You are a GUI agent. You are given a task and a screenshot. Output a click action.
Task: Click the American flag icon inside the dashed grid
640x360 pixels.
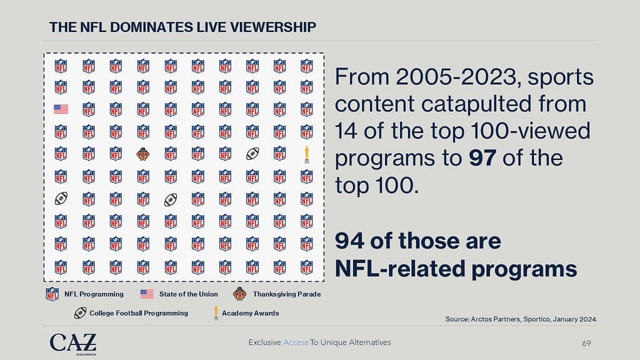[61, 109]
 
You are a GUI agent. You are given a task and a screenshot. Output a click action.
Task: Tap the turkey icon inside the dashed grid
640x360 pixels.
[142, 154]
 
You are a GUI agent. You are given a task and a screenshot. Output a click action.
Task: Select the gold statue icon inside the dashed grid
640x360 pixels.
[306, 154]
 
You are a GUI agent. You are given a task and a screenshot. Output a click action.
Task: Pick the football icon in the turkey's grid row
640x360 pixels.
[252, 154]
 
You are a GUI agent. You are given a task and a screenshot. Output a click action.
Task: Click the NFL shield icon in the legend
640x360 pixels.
[52, 294]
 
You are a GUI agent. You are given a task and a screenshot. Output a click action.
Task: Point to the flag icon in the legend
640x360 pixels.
[147, 294]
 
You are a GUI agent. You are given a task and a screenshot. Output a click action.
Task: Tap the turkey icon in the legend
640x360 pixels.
[240, 294]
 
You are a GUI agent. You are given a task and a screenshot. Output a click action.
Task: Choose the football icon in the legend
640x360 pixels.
[79, 313]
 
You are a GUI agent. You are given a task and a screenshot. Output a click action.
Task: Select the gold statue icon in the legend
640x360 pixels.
[216, 313]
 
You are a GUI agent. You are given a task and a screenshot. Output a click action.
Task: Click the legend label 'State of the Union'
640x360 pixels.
[189, 294]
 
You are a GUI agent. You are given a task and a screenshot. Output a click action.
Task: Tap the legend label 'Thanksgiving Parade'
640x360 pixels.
[287, 294]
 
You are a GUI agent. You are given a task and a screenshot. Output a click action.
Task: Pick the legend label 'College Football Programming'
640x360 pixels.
[139, 313]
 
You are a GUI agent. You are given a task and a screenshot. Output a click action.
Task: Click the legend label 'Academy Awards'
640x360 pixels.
[251, 313]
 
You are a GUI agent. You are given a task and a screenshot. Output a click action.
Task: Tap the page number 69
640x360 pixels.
[586, 343]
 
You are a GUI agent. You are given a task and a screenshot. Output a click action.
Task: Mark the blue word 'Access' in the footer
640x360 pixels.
[296, 342]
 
